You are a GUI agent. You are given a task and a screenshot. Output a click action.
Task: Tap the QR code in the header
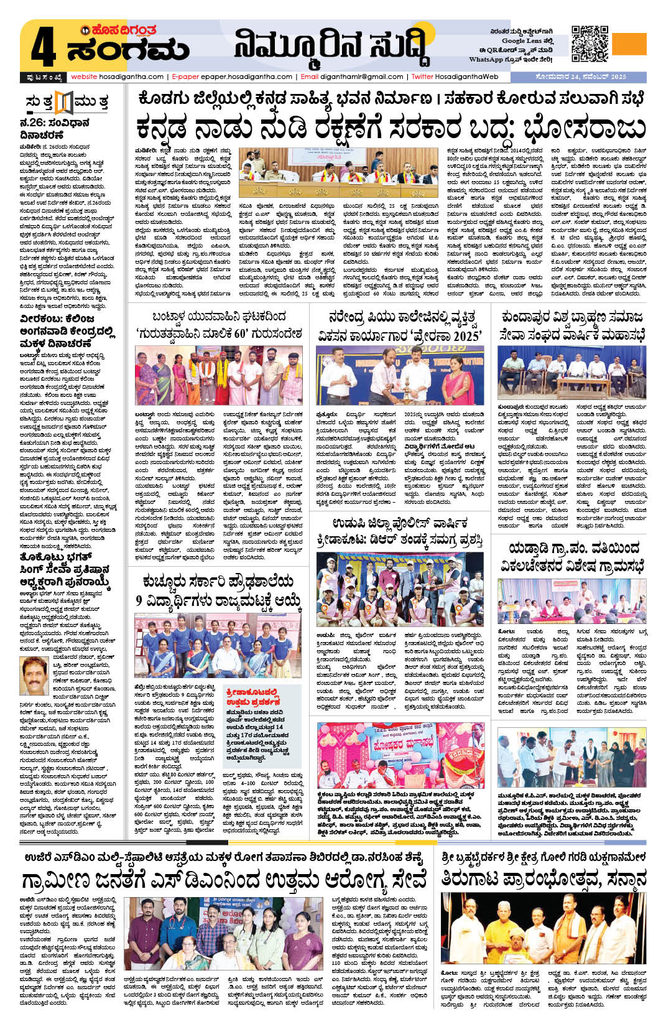click(x=590, y=44)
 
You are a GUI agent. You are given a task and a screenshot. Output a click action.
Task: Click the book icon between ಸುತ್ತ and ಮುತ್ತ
click(x=64, y=101)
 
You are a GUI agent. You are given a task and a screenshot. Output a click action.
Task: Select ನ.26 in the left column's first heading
click(x=32, y=123)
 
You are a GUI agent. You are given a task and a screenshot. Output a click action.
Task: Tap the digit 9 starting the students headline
click(x=139, y=601)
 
